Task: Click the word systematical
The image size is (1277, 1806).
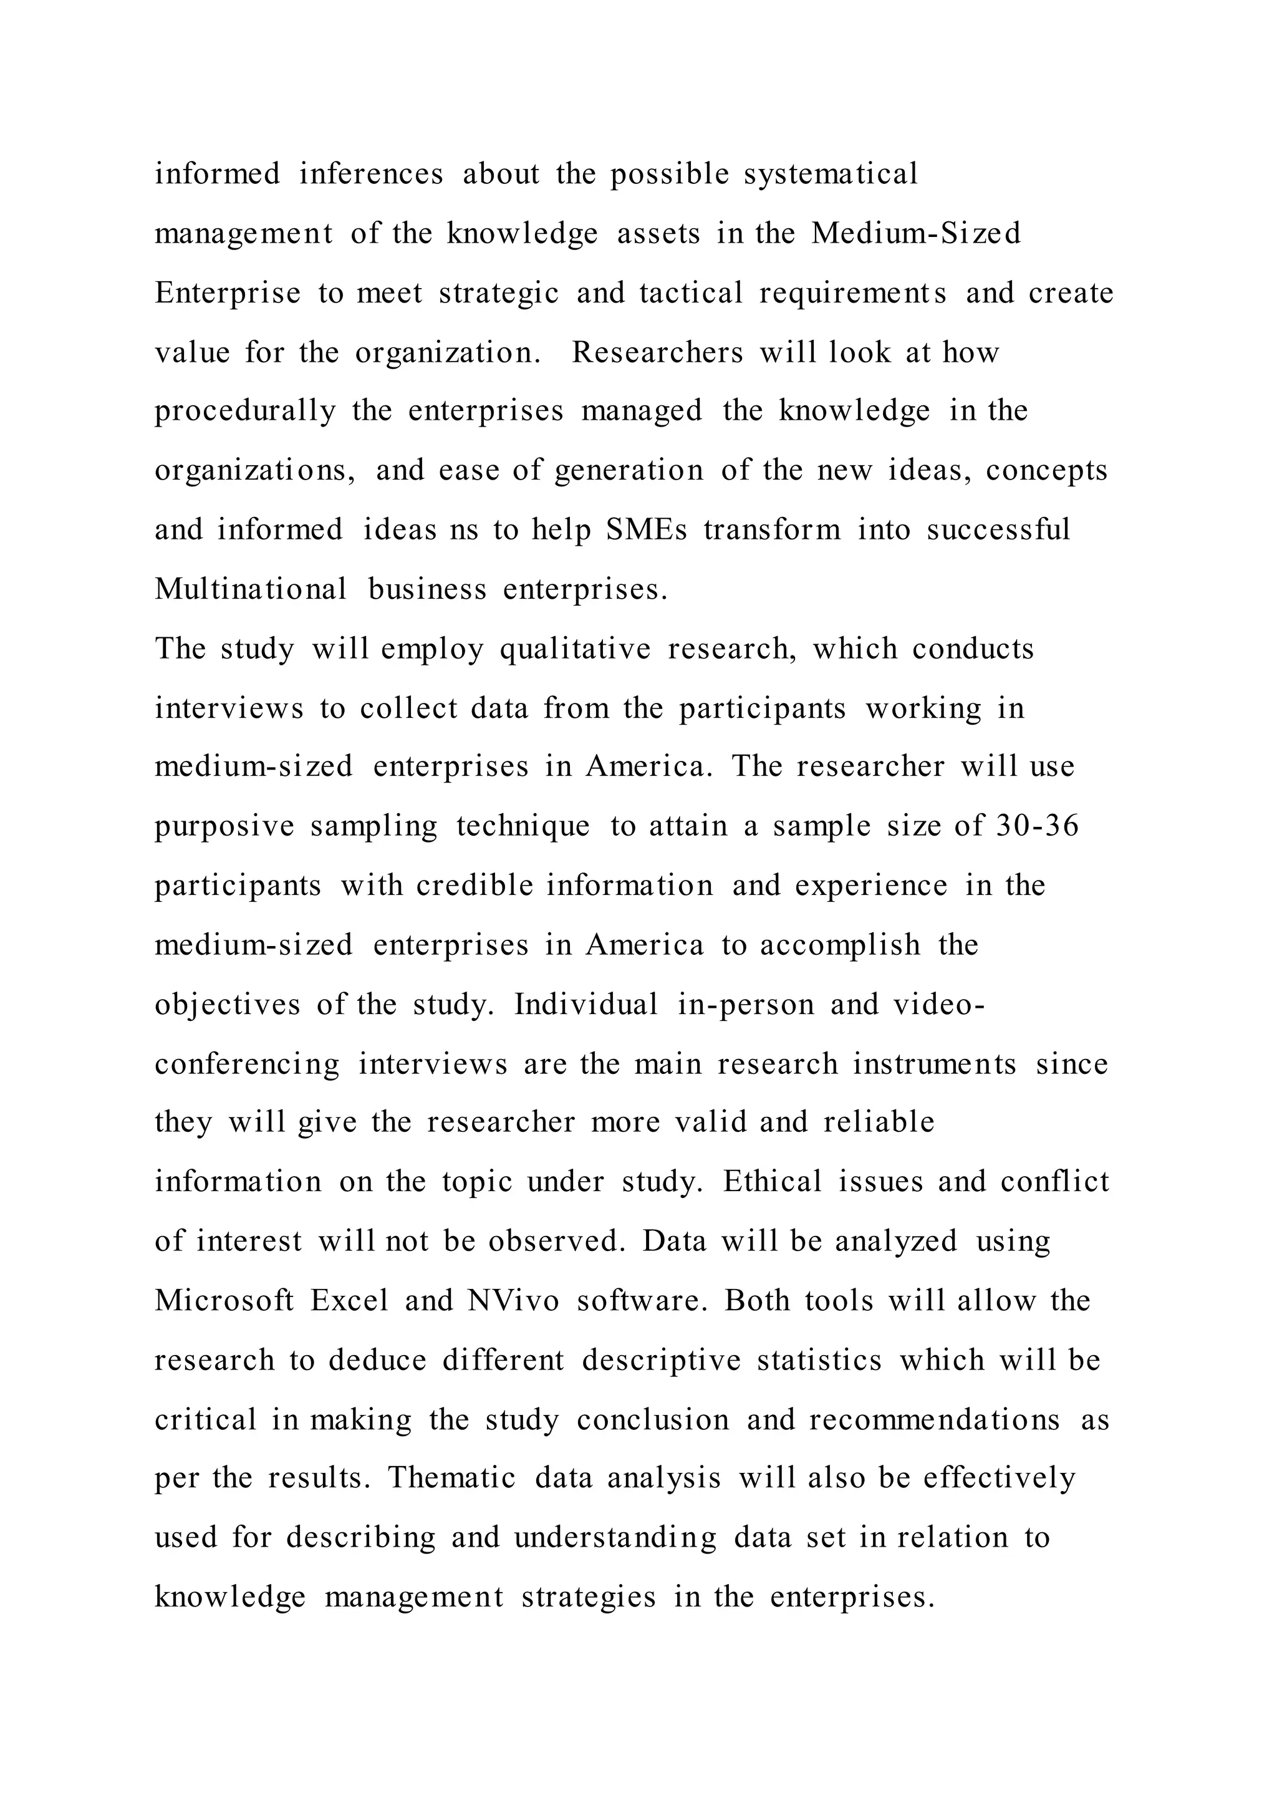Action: [831, 175]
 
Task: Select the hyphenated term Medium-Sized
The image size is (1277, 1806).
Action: [915, 234]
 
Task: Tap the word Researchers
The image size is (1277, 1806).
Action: [657, 352]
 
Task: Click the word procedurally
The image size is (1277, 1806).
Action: [244, 412]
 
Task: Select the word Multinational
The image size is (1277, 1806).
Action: [251, 589]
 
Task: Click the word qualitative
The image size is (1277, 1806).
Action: [575, 649]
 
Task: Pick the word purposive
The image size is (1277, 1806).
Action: [224, 827]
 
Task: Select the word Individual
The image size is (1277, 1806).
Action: [586, 1005]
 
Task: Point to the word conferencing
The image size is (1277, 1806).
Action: [247, 1065]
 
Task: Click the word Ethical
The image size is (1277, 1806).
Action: [772, 1182]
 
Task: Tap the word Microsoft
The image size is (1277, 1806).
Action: [224, 1300]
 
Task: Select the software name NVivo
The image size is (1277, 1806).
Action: [513, 1300]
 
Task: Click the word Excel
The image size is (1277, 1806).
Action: [349, 1300]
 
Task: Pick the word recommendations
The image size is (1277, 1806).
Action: [934, 1420]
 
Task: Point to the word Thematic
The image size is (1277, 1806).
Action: [451, 1478]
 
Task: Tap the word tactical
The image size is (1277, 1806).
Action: [690, 293]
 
